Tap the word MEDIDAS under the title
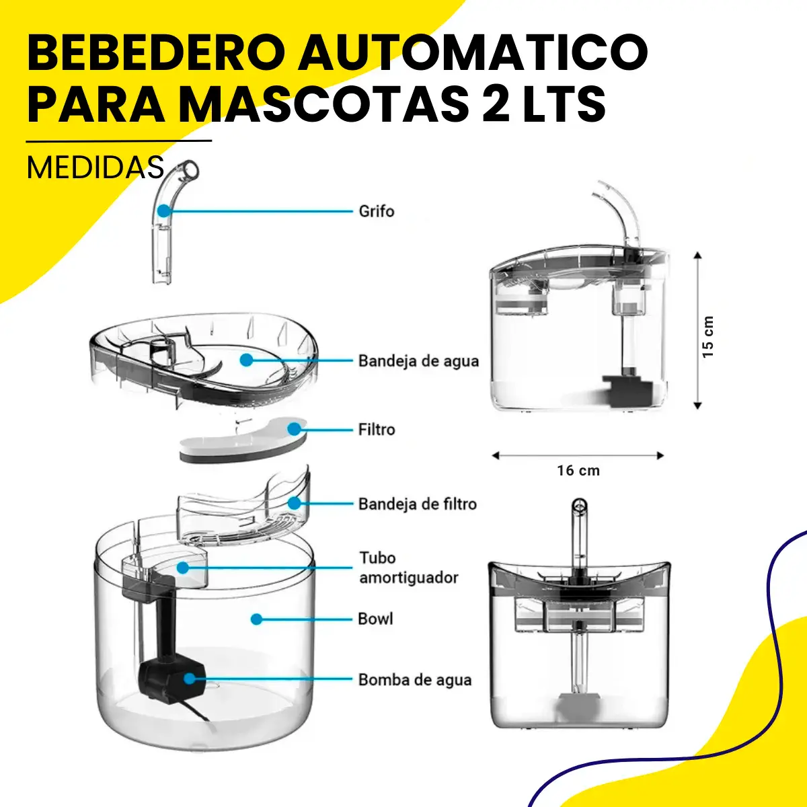95,168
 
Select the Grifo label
377,211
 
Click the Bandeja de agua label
418,361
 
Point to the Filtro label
377,430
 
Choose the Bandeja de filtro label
418,504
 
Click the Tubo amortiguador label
409,568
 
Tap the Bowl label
375,619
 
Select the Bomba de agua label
415,680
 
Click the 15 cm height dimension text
707,337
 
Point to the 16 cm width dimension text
578,471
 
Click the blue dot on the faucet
163,210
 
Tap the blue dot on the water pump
190,679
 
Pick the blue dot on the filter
295,429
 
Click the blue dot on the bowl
256,619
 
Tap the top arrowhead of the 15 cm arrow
697,255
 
